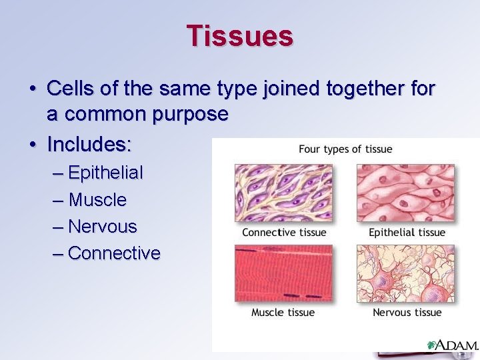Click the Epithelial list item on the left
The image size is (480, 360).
click(105, 173)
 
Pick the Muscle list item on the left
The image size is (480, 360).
click(97, 199)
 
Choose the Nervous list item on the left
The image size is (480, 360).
click(102, 226)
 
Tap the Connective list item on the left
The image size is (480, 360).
click(114, 253)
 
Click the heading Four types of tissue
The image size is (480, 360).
click(345, 149)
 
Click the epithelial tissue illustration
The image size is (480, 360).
click(405, 193)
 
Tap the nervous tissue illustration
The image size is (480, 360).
click(405, 273)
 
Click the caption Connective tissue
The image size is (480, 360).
click(284, 232)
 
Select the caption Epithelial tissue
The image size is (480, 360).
click(407, 232)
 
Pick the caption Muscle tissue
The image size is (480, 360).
click(283, 312)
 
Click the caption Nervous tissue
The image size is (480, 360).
click(407, 312)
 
